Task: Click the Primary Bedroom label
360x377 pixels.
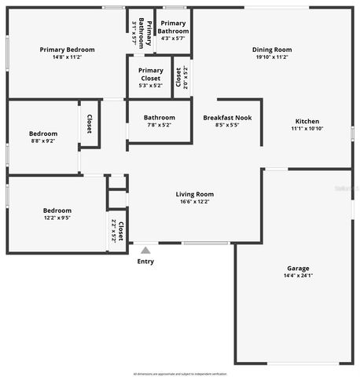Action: (x=67, y=49)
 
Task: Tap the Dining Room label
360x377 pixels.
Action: (x=272, y=49)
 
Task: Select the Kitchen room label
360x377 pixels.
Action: (x=306, y=121)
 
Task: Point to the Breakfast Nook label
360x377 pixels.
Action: (x=227, y=118)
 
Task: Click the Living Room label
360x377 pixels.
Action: (x=195, y=193)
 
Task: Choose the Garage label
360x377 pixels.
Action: (x=298, y=268)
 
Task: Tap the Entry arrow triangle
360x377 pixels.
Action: (x=145, y=250)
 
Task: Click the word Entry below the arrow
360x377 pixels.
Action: (x=145, y=262)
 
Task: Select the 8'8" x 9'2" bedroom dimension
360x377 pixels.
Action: (x=43, y=141)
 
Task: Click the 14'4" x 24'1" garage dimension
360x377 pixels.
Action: (x=298, y=276)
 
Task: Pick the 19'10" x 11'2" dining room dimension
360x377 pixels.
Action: (x=272, y=57)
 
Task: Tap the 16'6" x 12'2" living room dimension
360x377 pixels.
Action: (x=195, y=201)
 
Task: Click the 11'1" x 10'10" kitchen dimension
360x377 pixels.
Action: (x=306, y=129)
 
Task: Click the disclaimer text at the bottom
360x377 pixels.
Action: (x=180, y=374)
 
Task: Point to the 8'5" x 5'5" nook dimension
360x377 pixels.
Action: (x=227, y=125)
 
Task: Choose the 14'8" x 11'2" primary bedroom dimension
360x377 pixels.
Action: (x=67, y=57)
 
